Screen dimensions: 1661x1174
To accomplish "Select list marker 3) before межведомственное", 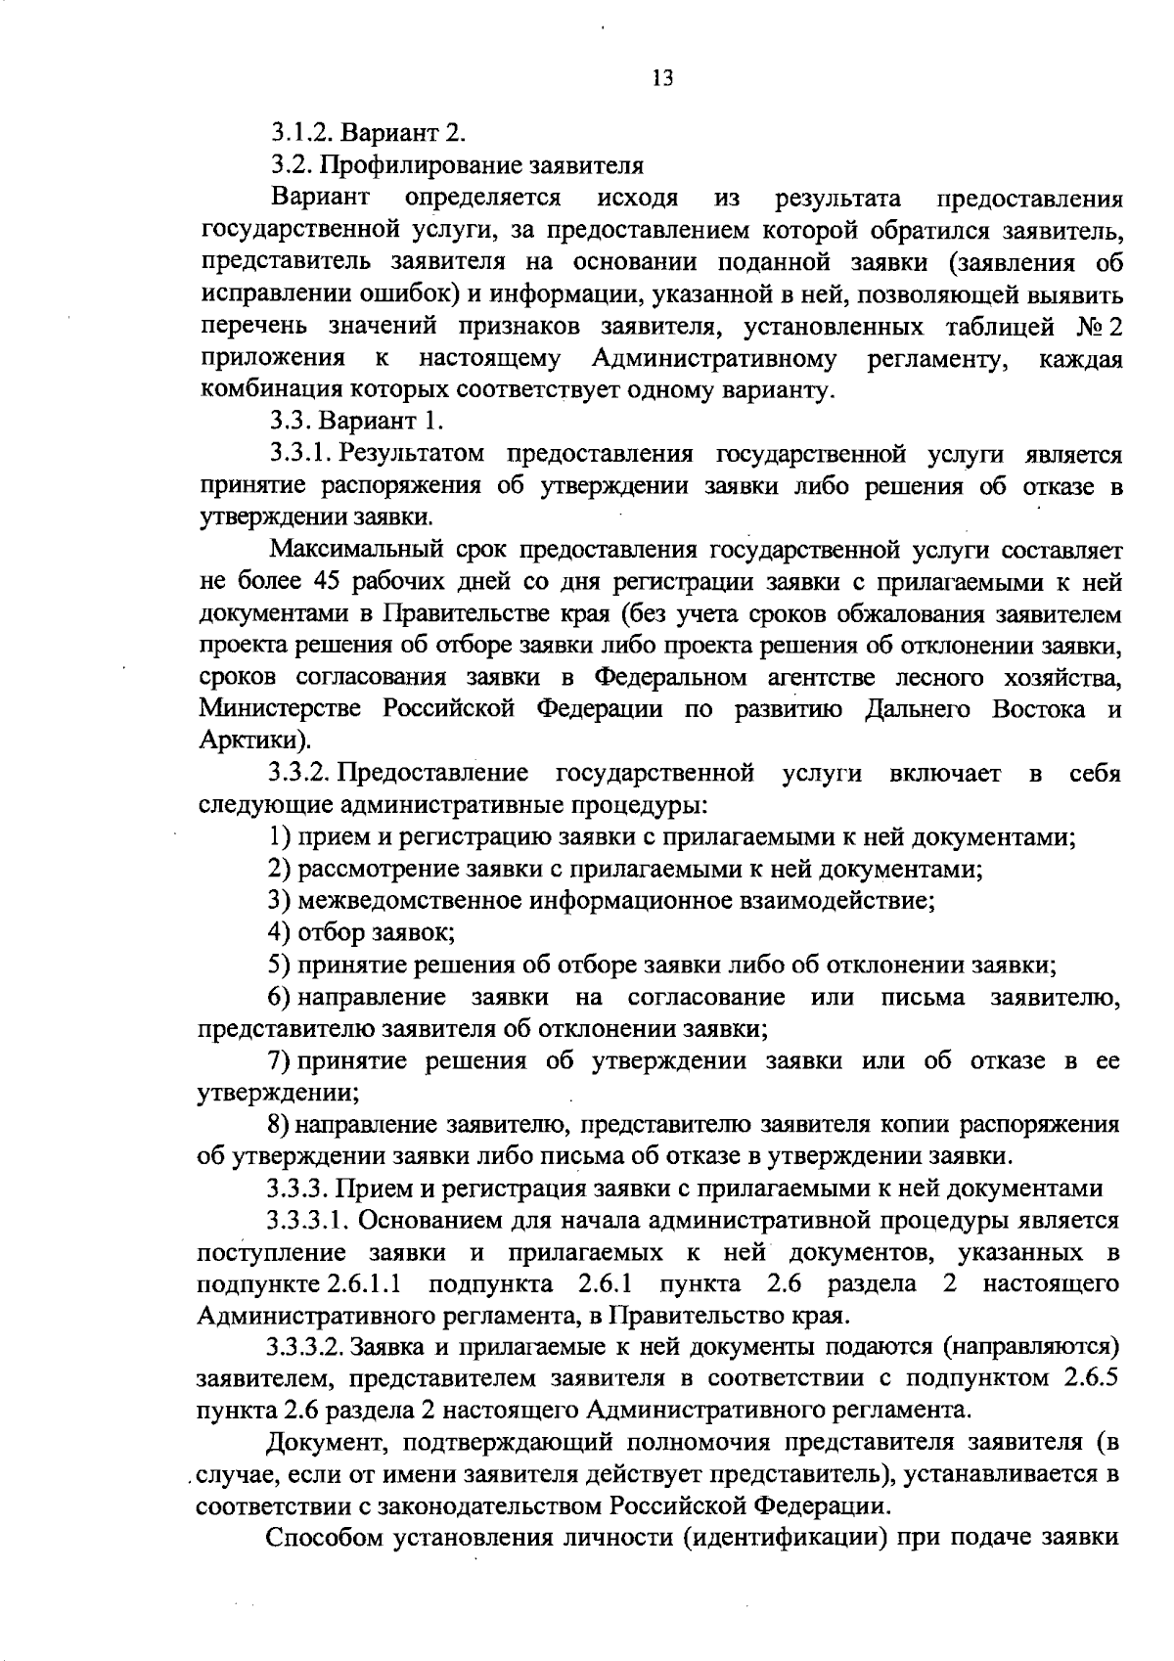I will point(279,901).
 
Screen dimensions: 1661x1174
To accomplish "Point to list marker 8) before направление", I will point(279,1125).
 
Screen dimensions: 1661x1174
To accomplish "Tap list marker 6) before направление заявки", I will point(279,998).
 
